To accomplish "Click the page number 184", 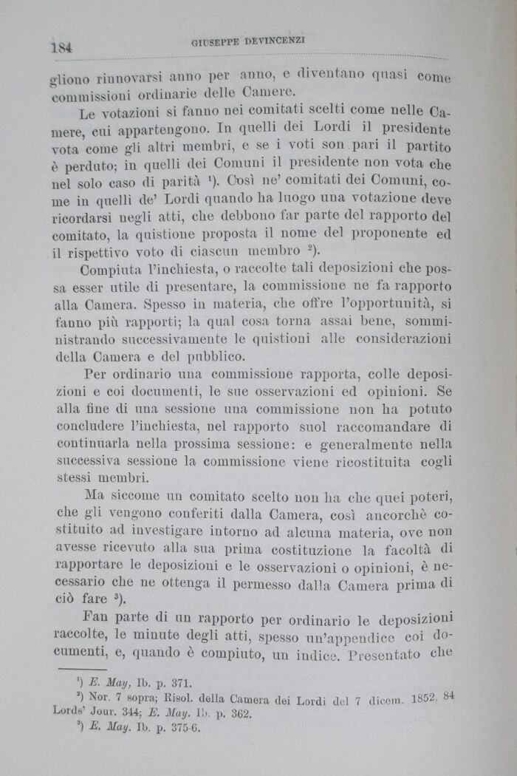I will coord(61,46).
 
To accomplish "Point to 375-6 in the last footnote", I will coord(185,728).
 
